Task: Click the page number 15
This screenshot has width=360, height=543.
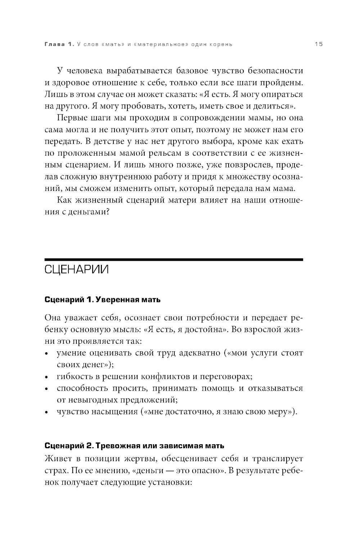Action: pos(318,44)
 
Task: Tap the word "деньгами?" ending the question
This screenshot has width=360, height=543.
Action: pos(89,212)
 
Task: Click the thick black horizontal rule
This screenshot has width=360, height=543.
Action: pos(174,259)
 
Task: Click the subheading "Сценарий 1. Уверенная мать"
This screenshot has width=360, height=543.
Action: pos(103,300)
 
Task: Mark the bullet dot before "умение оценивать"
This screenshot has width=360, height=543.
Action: pos(47,354)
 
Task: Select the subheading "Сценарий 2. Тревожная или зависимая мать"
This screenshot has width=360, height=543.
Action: pos(134,446)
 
